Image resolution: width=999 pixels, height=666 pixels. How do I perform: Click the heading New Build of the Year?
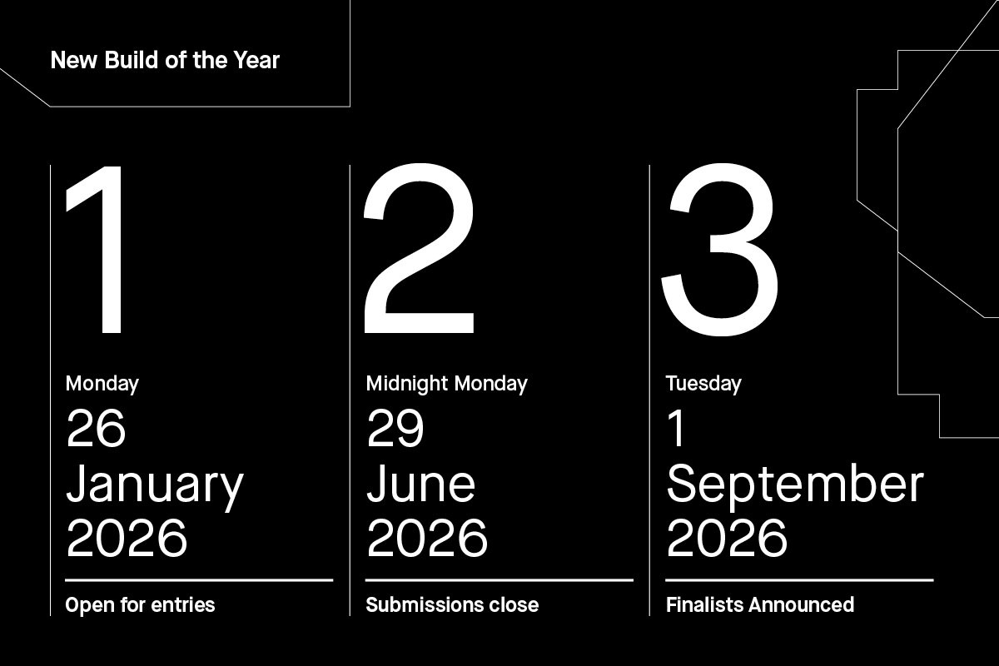(x=165, y=61)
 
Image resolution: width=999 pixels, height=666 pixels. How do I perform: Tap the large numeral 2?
(x=419, y=250)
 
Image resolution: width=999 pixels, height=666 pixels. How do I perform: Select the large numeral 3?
(x=719, y=250)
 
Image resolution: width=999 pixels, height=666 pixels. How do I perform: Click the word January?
(x=155, y=485)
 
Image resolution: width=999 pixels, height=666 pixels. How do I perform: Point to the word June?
(x=420, y=485)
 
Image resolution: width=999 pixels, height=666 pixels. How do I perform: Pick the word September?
(x=795, y=485)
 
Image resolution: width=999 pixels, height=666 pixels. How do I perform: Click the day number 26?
(x=96, y=430)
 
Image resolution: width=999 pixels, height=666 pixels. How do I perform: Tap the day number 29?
(x=395, y=430)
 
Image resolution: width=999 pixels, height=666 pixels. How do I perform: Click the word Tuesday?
(x=703, y=384)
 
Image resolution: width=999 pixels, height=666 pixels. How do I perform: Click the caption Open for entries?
(x=140, y=605)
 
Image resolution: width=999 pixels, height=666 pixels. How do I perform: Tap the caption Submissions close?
(x=452, y=605)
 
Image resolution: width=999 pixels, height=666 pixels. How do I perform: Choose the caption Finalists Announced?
(x=760, y=605)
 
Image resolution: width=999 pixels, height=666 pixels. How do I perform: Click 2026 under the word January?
(x=127, y=539)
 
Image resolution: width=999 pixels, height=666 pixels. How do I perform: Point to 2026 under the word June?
(x=426, y=539)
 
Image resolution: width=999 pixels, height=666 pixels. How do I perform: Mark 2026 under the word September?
(x=727, y=539)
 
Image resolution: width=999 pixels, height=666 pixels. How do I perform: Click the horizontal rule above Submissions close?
(x=499, y=579)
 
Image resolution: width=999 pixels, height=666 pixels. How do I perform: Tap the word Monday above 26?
(x=102, y=384)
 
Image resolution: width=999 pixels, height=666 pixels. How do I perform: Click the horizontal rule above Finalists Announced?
(x=799, y=579)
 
